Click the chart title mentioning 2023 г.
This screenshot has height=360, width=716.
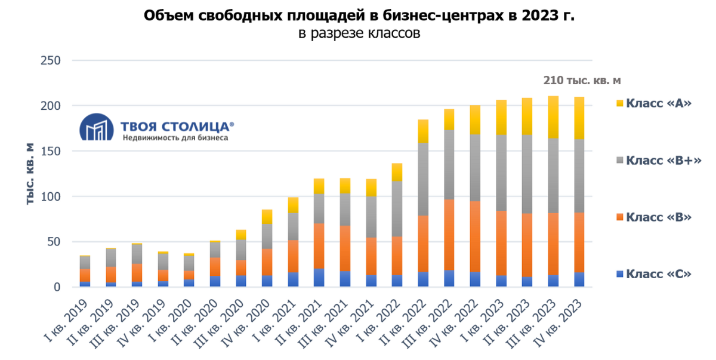point(359,16)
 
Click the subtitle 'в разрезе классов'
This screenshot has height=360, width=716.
point(359,33)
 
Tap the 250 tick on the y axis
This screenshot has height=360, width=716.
point(50,60)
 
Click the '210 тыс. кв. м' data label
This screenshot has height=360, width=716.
point(582,80)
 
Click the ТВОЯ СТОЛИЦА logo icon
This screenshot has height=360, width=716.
point(96,127)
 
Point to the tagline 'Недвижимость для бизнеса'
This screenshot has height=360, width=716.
point(175,137)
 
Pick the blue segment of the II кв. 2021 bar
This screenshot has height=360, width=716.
point(319,278)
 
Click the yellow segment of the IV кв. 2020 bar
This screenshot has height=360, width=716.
point(267,217)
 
